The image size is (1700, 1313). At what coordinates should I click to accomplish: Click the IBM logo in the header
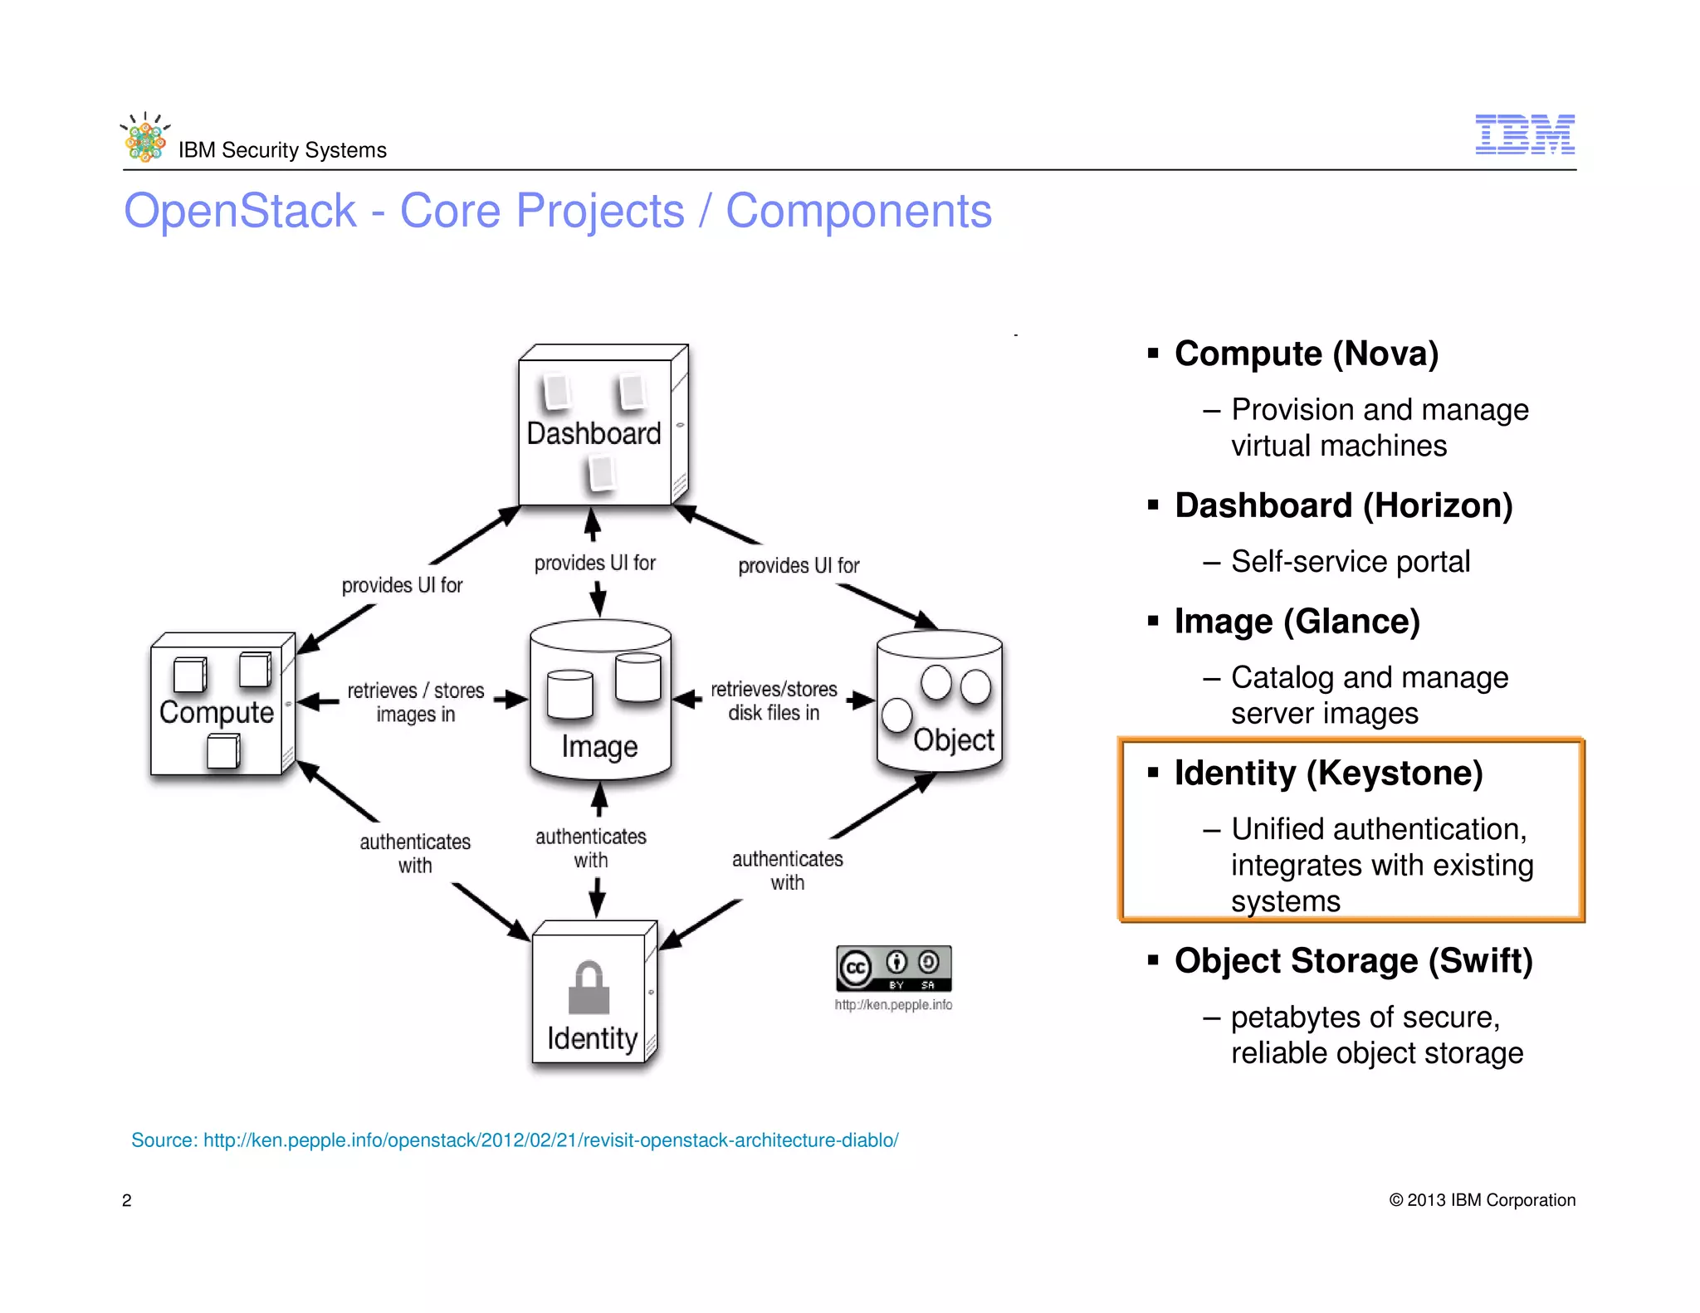point(1524,134)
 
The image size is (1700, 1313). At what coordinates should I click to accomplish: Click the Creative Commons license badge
point(893,969)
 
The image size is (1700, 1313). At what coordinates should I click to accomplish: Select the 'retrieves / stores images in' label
point(415,702)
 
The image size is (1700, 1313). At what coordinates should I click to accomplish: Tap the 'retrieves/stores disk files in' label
point(774,701)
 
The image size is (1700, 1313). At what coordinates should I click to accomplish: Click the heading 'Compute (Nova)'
point(1306,354)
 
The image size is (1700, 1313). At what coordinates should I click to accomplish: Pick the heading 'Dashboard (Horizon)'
point(1343,505)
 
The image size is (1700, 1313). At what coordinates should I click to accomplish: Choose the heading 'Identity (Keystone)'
point(1328,773)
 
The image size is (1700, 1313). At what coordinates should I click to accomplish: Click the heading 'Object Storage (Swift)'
point(1353,960)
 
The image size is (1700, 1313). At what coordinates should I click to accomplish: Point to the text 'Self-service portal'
point(1350,562)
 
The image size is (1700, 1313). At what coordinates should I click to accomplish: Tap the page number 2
point(127,1200)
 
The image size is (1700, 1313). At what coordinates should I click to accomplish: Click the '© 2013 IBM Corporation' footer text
point(1482,1200)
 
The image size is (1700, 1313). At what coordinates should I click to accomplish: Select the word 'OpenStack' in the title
point(240,211)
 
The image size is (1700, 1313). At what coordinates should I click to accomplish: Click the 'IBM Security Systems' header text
point(282,150)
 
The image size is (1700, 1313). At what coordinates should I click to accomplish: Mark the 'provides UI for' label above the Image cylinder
point(594,564)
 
